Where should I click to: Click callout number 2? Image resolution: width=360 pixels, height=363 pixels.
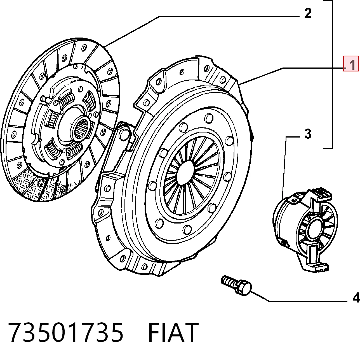(x=308, y=13)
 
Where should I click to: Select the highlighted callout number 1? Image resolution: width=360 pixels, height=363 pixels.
(x=351, y=64)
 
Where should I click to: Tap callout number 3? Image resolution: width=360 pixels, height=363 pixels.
(x=308, y=134)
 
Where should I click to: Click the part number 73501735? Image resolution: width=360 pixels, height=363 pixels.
(x=66, y=332)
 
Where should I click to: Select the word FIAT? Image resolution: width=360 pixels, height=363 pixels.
(x=173, y=332)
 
